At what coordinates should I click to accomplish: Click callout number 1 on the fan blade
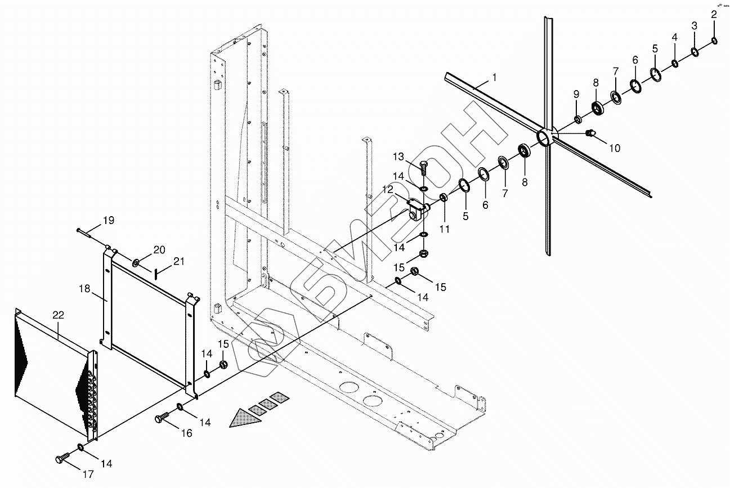point(494,77)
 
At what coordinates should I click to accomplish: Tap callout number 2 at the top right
point(714,15)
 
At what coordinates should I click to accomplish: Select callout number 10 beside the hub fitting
point(614,148)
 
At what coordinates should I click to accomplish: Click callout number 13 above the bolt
point(398,156)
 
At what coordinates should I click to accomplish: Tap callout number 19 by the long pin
point(108,220)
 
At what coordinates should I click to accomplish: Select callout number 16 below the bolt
point(186,433)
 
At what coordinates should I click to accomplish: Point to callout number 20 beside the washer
point(159,249)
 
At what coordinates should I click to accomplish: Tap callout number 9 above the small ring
point(576,93)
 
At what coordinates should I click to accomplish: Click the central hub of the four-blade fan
point(545,137)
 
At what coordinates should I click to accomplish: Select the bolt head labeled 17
point(60,459)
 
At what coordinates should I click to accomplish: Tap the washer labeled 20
point(136,263)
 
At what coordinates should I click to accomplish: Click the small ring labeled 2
point(714,41)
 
